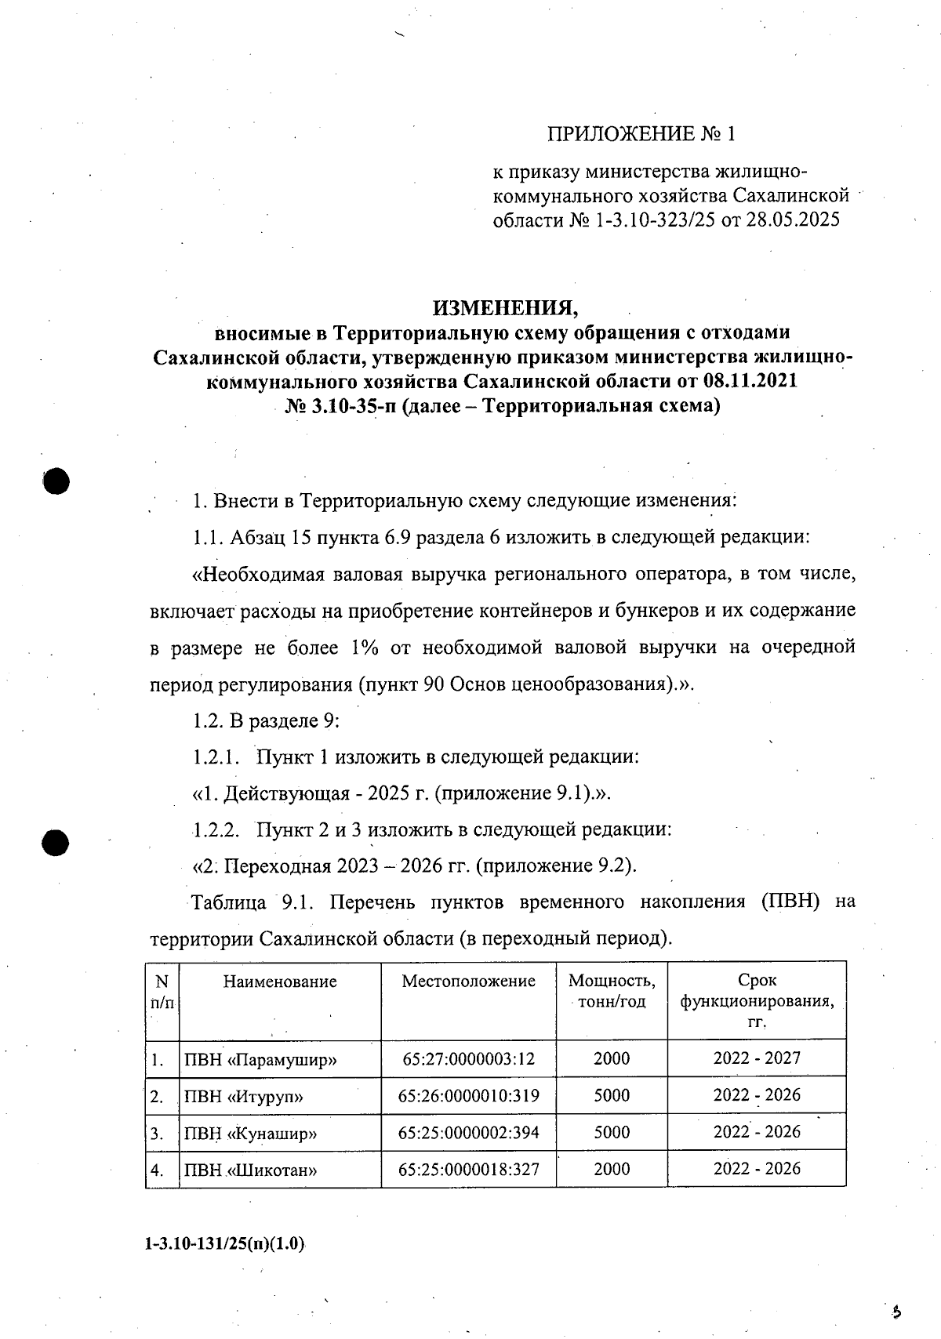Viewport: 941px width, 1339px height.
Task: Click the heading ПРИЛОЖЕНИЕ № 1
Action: click(x=641, y=134)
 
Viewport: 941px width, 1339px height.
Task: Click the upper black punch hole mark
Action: click(x=57, y=481)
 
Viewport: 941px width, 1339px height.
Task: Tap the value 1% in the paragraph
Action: click(x=365, y=648)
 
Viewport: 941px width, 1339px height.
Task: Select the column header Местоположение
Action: click(x=468, y=982)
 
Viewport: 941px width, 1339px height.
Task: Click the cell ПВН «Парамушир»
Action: click(x=260, y=1060)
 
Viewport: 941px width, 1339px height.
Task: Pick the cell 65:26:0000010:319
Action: click(x=468, y=1096)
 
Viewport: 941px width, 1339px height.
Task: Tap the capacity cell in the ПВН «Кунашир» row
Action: click(x=612, y=1133)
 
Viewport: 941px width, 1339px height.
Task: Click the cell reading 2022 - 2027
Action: click(x=757, y=1058)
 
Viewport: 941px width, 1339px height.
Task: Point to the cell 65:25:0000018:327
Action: click(x=468, y=1170)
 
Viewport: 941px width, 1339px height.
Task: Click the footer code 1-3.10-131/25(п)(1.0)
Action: click(x=226, y=1244)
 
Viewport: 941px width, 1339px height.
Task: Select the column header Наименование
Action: click(x=280, y=982)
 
